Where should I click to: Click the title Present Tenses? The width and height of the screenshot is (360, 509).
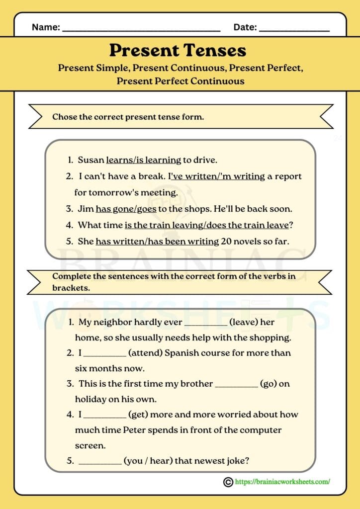pos(178,50)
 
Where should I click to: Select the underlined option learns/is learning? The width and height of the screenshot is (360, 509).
pos(144,160)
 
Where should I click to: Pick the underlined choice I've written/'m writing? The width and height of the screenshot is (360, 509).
pos(216,176)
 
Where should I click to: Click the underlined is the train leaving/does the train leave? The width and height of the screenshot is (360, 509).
pos(206,225)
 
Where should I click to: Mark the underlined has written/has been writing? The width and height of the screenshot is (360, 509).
pos(157,242)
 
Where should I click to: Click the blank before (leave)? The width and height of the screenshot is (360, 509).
pos(206,323)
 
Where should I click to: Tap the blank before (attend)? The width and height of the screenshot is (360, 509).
pos(104,354)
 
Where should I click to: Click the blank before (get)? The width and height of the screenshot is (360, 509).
pos(104,415)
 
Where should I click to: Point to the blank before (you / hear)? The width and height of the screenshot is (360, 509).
pos(100,462)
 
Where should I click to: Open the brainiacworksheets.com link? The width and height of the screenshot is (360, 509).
pos(282,481)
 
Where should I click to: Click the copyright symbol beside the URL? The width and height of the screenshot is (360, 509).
pos(228,481)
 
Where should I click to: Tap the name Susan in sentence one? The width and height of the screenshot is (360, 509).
pos(91,160)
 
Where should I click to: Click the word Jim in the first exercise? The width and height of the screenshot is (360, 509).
pos(86,209)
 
